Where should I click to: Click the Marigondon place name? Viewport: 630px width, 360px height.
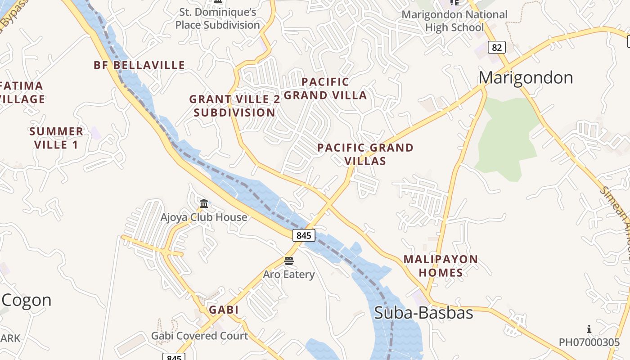(525, 78)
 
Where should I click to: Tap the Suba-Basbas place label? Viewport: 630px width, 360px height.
(423, 313)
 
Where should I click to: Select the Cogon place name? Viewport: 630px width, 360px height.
(27, 300)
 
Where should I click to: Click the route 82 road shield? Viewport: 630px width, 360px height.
(496, 47)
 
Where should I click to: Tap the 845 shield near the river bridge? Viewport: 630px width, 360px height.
(304, 235)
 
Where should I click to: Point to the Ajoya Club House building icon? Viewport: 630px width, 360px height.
(204, 204)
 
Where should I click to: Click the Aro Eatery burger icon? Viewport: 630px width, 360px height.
(289, 261)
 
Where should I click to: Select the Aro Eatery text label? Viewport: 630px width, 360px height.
(289, 274)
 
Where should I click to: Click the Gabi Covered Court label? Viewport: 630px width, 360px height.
(199, 336)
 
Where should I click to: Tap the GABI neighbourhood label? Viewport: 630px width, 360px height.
(224, 310)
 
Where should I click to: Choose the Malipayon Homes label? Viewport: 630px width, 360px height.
(441, 266)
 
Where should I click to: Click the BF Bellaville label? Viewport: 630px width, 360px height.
(139, 65)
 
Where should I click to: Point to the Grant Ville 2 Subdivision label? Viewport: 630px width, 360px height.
(234, 106)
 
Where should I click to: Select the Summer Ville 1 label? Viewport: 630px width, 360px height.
(56, 138)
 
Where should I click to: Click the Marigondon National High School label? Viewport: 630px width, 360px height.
(454, 21)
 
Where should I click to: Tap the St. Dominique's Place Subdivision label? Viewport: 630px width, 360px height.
(218, 18)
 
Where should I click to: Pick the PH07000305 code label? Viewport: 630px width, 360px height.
(589, 342)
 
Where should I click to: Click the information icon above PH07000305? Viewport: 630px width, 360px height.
(589, 329)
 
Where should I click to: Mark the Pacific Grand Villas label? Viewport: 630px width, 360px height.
(365, 154)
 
